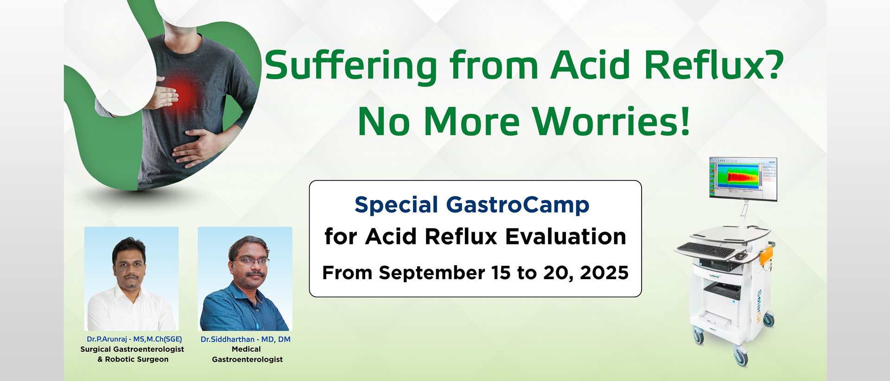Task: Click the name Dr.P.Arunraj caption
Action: tap(107, 339)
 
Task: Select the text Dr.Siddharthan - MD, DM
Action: tap(246, 339)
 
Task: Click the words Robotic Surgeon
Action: tap(137, 359)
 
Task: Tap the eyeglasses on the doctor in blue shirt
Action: tap(250, 261)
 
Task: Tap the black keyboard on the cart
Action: tap(706, 250)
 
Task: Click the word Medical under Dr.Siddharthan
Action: tap(246, 349)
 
